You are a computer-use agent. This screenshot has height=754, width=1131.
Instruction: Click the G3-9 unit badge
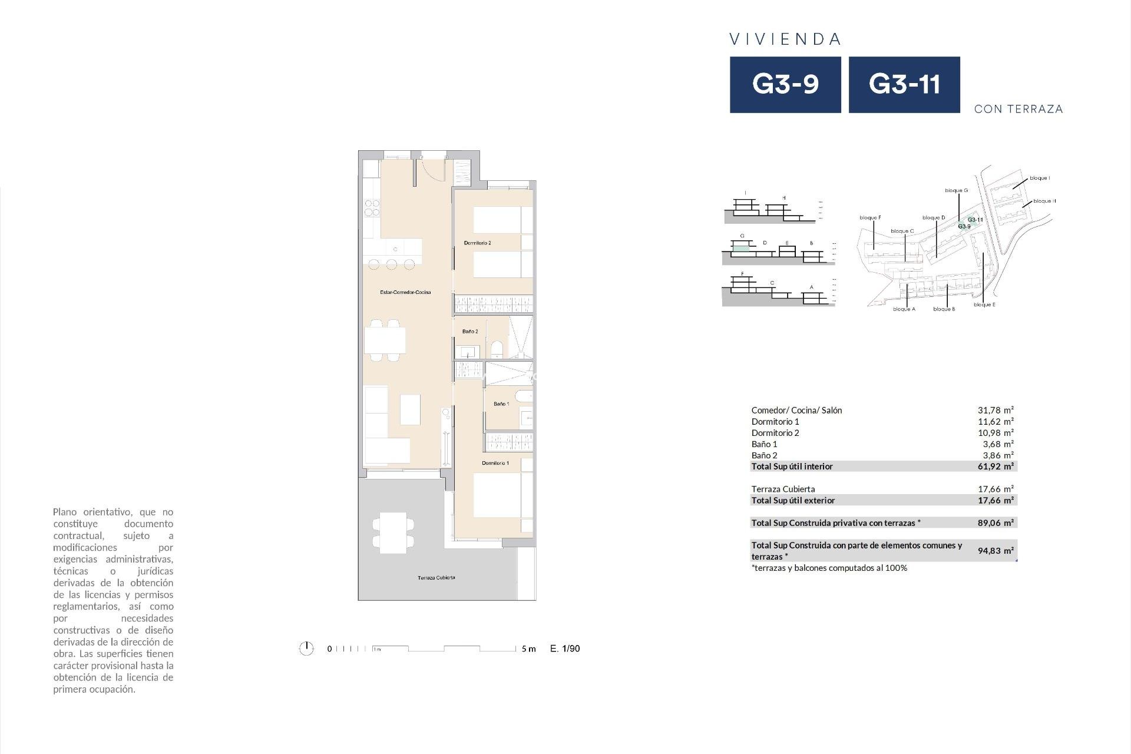(785, 84)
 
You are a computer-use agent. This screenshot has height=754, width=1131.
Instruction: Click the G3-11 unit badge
(904, 84)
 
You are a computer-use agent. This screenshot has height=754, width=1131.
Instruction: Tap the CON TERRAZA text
(1018, 109)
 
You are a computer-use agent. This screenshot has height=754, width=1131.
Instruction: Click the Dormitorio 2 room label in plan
(477, 243)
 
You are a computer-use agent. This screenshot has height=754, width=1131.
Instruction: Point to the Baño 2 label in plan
(470, 332)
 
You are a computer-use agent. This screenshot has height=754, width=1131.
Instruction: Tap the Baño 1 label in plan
(501, 404)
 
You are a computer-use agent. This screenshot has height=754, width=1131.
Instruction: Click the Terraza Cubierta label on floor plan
(436, 578)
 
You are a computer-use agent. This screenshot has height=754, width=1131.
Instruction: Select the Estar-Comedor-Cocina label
(405, 292)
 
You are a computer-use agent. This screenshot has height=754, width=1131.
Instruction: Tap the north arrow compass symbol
(306, 649)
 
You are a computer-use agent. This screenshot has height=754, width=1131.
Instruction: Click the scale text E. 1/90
(565, 649)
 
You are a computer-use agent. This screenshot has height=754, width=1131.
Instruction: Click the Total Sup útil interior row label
(792, 467)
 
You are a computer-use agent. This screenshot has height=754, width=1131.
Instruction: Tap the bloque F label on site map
(870, 218)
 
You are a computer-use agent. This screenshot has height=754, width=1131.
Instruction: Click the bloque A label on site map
(904, 309)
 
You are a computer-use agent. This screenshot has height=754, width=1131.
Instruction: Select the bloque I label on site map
(1039, 178)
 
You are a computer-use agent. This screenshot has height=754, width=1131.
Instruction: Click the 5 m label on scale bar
(528, 649)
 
